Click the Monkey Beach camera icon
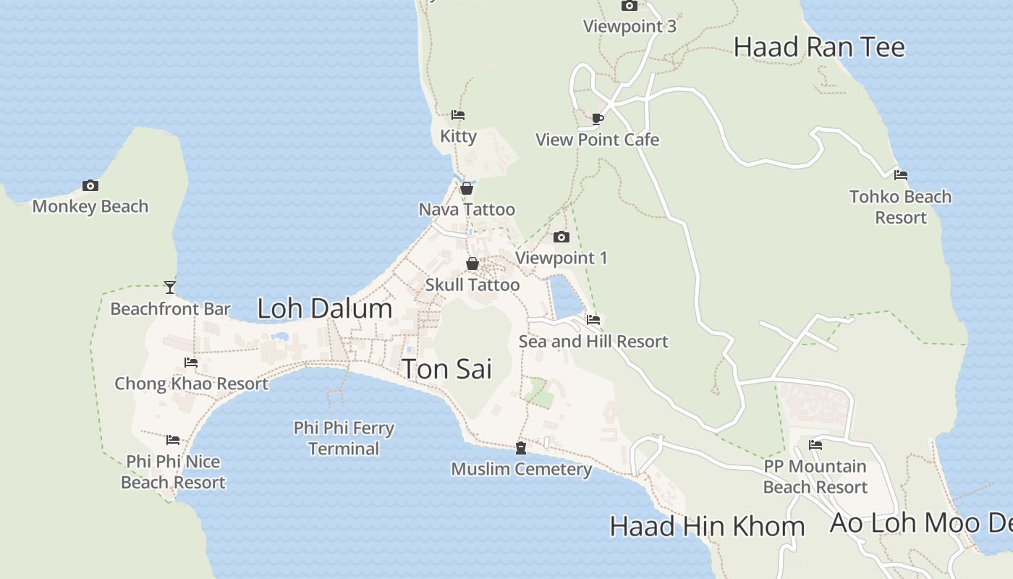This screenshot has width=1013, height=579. (x=90, y=186)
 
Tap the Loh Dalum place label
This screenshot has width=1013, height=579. (x=324, y=309)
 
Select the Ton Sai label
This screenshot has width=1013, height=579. (x=446, y=369)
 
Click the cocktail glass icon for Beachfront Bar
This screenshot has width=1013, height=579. (x=170, y=287)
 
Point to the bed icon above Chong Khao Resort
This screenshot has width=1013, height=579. (x=191, y=362)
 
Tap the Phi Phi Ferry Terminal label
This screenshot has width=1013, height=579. (x=344, y=438)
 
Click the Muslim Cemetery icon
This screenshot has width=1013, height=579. (x=521, y=448)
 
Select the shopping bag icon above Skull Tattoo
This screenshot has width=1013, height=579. (x=472, y=263)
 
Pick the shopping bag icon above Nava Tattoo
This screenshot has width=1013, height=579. (x=467, y=188)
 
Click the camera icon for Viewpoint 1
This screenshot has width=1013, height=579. (x=561, y=237)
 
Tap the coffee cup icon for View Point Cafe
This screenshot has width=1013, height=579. (x=597, y=119)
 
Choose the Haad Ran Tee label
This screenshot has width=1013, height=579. (x=819, y=47)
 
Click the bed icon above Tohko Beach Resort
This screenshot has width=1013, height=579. (x=901, y=175)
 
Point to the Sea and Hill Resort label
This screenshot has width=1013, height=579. (x=593, y=341)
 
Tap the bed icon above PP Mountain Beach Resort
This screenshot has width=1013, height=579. (x=815, y=444)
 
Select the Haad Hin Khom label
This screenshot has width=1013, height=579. (x=707, y=526)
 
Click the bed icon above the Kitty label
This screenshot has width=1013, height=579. (x=458, y=115)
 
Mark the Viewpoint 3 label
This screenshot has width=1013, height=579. (x=630, y=27)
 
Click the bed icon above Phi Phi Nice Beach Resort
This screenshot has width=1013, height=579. (x=173, y=440)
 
